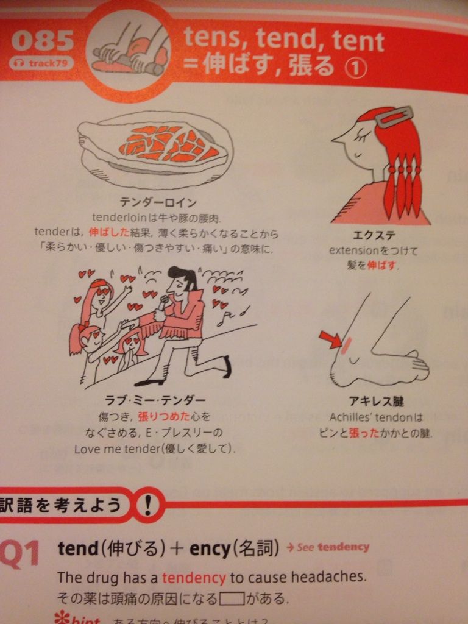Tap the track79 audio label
[41, 62]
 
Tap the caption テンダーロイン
[158, 202]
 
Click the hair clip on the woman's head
[393, 116]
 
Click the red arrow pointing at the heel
[331, 339]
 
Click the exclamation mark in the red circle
[150, 505]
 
